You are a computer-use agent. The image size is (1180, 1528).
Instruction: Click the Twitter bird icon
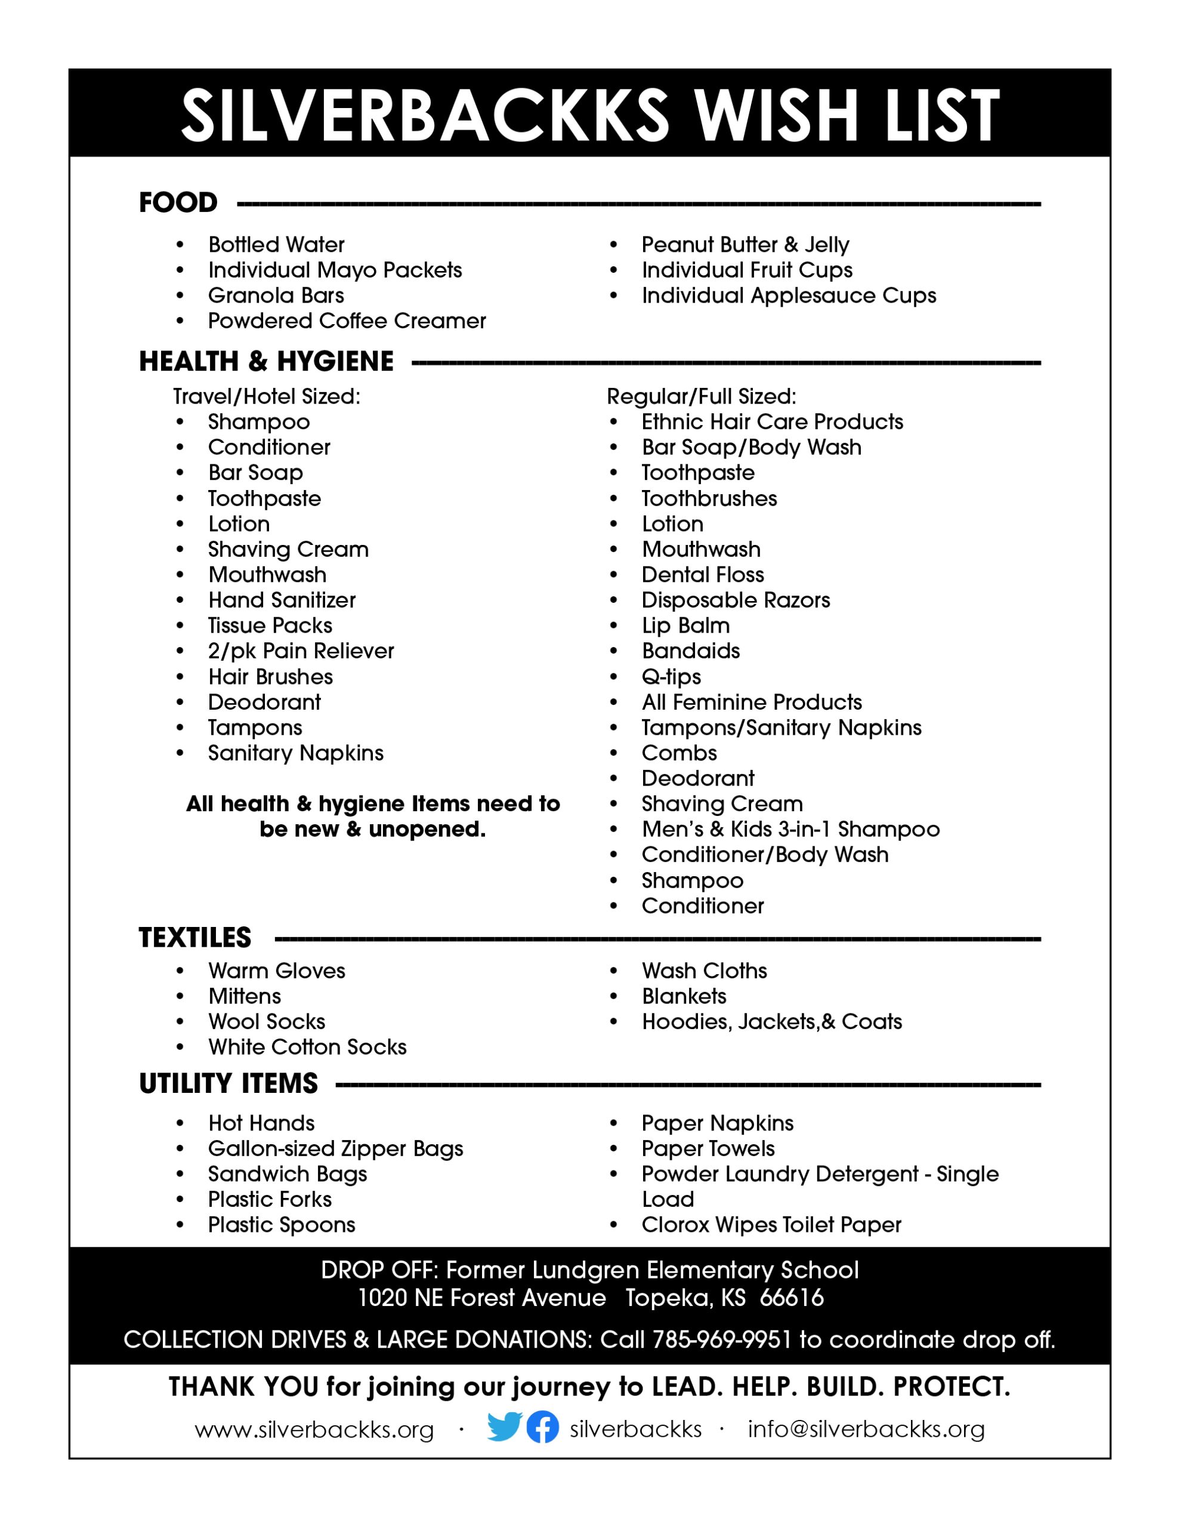click(x=504, y=1427)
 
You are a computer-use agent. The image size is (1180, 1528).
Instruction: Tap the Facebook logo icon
click(x=542, y=1427)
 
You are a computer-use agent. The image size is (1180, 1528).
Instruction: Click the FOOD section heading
click(x=178, y=203)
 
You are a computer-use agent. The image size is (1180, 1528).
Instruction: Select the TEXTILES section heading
click(x=194, y=938)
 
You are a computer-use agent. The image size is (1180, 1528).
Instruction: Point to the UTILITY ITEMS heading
click(x=228, y=1084)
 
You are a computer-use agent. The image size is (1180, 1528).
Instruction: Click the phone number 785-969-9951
click(x=721, y=1339)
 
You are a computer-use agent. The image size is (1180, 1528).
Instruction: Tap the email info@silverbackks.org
click(x=866, y=1429)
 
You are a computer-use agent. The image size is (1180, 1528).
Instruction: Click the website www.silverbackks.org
click(x=314, y=1429)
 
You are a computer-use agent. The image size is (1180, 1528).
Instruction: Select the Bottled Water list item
click(x=276, y=245)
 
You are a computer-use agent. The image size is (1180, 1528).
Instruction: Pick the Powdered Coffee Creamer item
click(x=347, y=321)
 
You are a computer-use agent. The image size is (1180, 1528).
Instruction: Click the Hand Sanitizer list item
click(x=282, y=600)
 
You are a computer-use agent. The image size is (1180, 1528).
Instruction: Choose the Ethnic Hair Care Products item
click(x=772, y=422)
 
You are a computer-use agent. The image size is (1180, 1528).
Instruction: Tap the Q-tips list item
click(x=671, y=676)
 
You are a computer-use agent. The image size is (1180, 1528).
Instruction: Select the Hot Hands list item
click(x=262, y=1123)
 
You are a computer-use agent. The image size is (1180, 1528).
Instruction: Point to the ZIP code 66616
click(x=792, y=1298)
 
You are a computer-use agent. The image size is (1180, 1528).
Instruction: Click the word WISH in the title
click(x=776, y=114)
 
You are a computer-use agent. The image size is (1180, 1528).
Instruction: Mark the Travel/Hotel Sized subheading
click(x=267, y=397)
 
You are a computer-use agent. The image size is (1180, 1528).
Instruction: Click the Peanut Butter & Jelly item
click(x=745, y=245)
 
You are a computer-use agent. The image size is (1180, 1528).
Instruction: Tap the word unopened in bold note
click(x=427, y=829)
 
